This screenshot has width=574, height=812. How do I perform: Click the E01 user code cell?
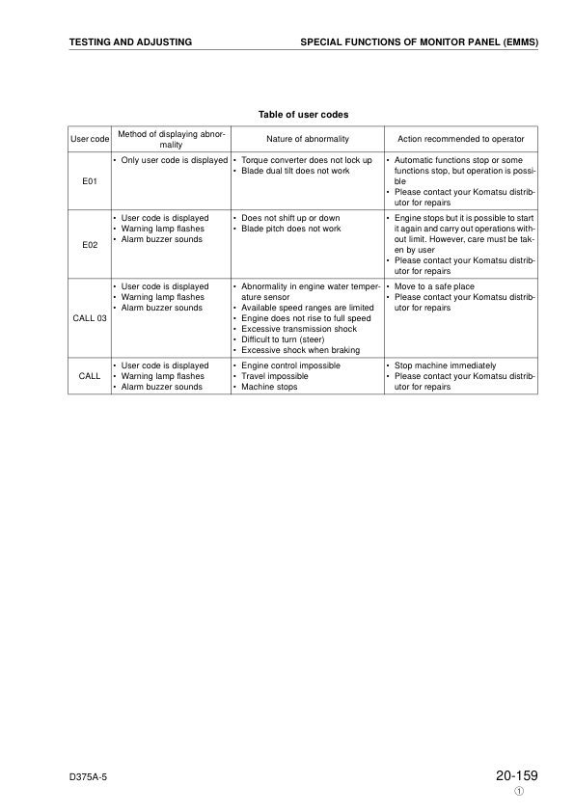tap(89, 180)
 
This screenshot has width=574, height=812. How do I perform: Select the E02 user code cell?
tap(89, 244)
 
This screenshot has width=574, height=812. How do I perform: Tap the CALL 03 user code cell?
tap(89, 318)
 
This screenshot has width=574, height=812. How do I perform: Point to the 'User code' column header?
tap(89, 139)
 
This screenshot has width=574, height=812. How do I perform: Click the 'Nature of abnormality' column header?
tap(307, 139)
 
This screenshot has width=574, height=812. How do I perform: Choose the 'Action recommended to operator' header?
tap(460, 139)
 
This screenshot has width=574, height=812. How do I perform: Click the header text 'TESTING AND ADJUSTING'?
tap(130, 42)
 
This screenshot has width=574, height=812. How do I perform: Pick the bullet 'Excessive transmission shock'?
tap(299, 329)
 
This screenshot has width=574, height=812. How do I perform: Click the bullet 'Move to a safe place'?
tap(434, 286)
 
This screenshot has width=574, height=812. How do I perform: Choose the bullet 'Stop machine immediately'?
tap(444, 365)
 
